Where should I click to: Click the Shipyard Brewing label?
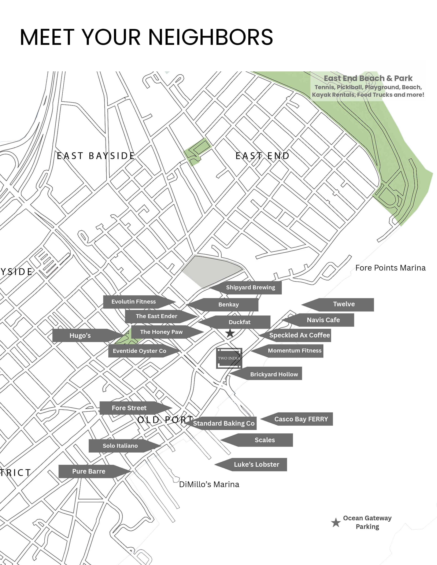[x=250, y=287]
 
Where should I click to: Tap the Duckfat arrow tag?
[x=239, y=322]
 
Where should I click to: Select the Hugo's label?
[x=80, y=336]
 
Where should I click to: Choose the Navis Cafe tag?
[x=323, y=320]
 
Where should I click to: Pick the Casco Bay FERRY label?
[x=301, y=419]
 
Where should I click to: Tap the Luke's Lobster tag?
[x=256, y=464]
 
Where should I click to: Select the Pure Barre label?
[x=89, y=471]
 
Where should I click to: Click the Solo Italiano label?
[x=120, y=446]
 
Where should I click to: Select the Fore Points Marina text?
[x=390, y=268]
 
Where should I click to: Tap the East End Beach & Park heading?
[x=368, y=78]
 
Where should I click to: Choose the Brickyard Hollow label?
[x=274, y=374]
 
